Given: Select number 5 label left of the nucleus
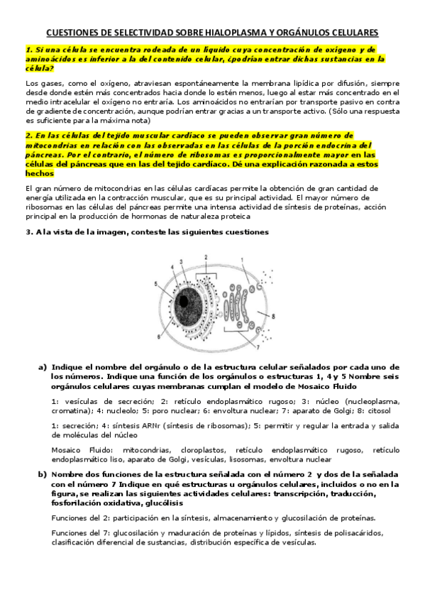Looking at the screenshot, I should coord(155,284).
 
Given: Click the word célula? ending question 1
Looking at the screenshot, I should coord(38,69).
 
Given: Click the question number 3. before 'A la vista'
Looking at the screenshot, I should coord(28,232).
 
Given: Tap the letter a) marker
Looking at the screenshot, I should coord(42,367).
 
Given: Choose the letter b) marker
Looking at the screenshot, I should coord(42,474).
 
